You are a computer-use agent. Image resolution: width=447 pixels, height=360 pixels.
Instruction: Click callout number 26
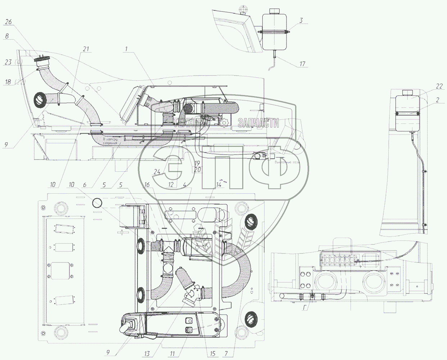[x=8, y=22]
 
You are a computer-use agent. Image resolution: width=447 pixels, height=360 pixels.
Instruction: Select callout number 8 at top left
[x=7, y=36]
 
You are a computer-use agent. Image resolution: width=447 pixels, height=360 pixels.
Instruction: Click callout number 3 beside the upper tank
[x=301, y=21]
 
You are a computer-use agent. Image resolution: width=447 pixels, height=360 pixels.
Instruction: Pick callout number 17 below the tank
[x=302, y=64]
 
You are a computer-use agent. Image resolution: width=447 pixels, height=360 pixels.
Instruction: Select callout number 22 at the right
[x=439, y=86]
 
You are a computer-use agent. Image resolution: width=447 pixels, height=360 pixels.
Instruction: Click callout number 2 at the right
[x=437, y=100]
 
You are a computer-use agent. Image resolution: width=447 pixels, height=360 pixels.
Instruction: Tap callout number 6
[x=84, y=185]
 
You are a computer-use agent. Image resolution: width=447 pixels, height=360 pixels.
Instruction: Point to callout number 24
[x=157, y=172]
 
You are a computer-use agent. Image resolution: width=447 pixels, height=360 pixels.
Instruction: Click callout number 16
[x=147, y=185]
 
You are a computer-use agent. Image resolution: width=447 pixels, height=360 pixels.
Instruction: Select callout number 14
[x=218, y=185]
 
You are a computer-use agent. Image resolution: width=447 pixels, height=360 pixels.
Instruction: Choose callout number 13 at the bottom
[x=147, y=354]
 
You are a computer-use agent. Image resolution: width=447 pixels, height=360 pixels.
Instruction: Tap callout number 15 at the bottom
[x=212, y=354]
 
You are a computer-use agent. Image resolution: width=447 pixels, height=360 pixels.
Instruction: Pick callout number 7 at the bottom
[x=226, y=354]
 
